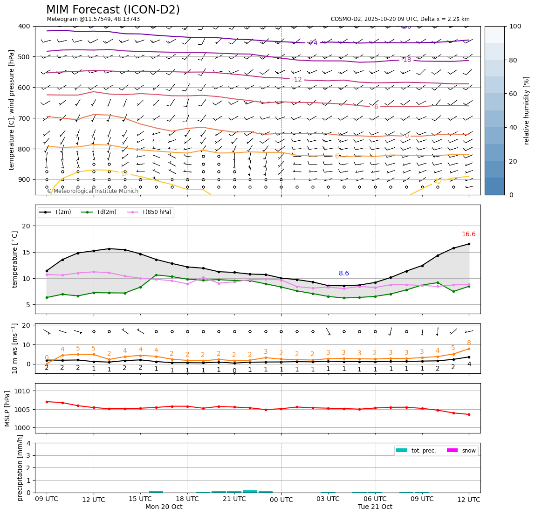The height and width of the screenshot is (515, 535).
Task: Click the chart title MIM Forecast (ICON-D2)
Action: [x=113, y=10]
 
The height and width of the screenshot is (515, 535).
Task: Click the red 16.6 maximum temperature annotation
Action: [x=468, y=234]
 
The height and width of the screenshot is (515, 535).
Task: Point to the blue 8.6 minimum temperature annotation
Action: [x=343, y=274]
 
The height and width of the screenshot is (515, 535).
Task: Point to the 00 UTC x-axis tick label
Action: [x=281, y=500]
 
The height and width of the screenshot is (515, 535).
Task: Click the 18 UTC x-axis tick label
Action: [x=187, y=499]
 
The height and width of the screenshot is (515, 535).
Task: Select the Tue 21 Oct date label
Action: [x=375, y=507]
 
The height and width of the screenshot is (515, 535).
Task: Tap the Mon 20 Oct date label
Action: [x=164, y=507]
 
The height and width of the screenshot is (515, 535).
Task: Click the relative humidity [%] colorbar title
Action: [x=527, y=110]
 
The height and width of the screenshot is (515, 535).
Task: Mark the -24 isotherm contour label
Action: [x=313, y=43]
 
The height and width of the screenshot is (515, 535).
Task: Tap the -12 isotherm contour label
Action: [x=297, y=80]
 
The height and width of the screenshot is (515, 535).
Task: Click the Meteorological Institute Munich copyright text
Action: [x=93, y=191]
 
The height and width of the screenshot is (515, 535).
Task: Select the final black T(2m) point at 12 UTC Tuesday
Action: [x=469, y=244]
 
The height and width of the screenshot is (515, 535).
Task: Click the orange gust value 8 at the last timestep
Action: [x=469, y=343]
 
